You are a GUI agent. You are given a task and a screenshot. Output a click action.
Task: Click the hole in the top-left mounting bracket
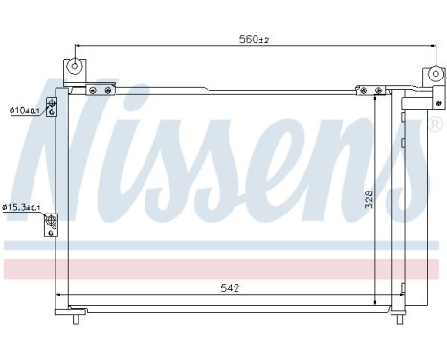75,67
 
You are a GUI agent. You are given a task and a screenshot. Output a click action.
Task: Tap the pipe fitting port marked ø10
50,110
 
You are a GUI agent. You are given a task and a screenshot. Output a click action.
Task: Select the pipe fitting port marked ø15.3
51,222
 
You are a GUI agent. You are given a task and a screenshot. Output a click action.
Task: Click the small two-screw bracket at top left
101,90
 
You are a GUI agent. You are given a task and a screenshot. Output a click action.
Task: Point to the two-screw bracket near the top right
368,91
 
